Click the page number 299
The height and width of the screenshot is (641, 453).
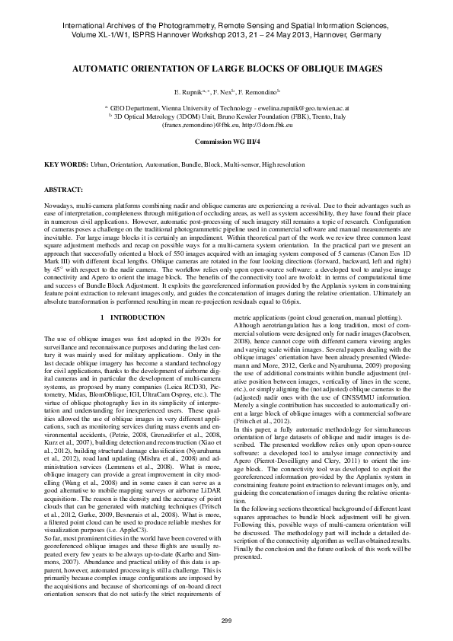point(226,620)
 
